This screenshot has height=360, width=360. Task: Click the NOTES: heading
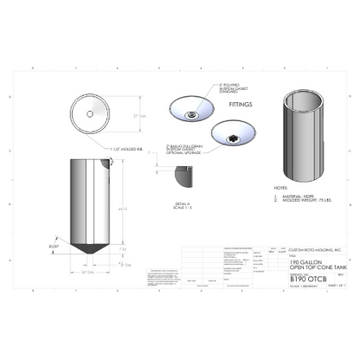[x=280, y=187]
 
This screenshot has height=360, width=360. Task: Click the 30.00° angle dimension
[x=55, y=245]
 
